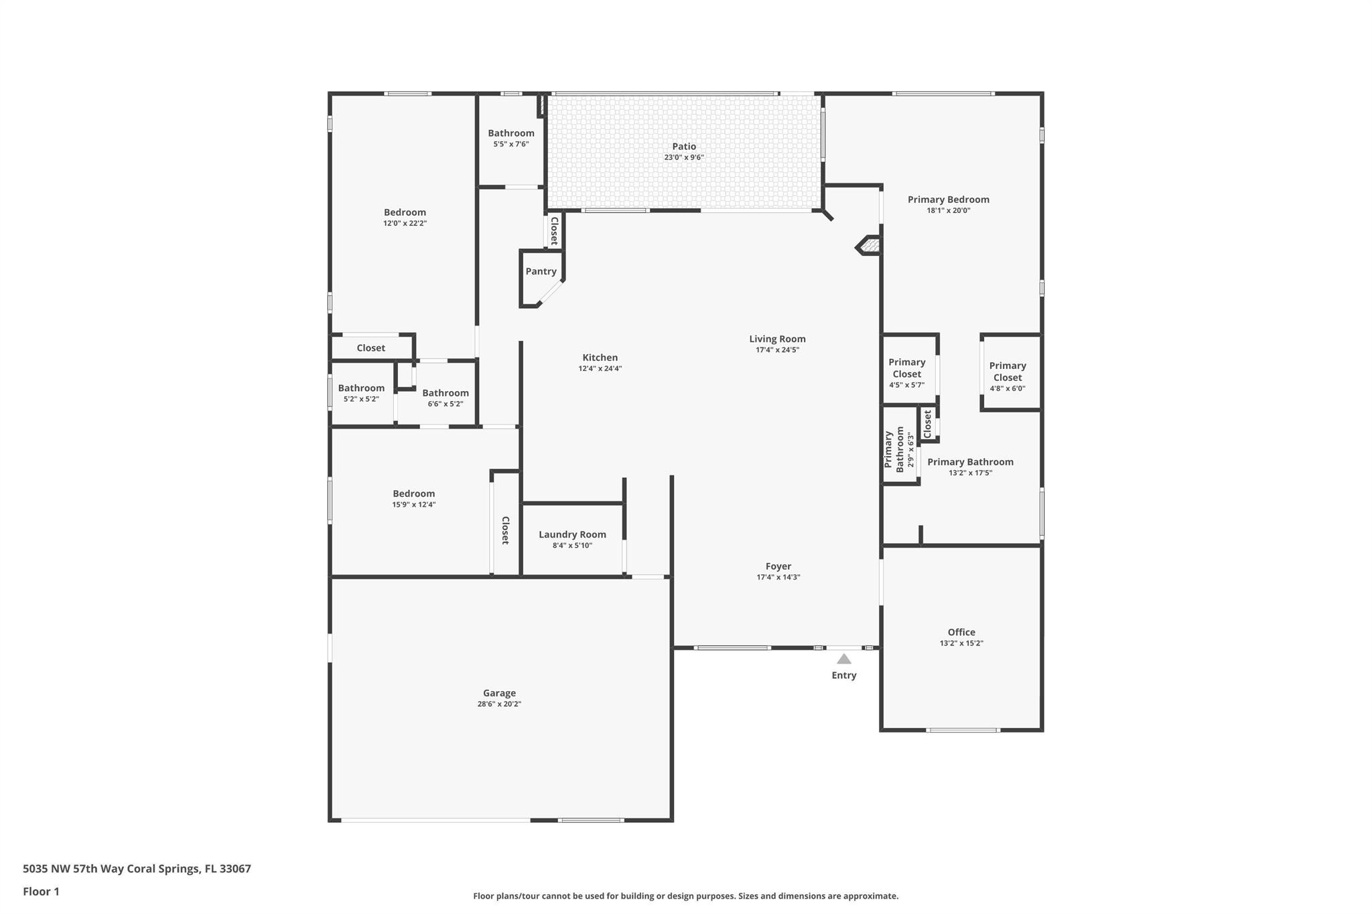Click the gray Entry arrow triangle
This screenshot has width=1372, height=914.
844,659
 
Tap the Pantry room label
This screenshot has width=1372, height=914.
541,271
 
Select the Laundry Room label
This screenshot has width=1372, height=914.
572,534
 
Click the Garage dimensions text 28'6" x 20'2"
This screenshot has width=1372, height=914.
499,704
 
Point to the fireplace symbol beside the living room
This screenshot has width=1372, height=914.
869,246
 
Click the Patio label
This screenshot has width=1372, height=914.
684,147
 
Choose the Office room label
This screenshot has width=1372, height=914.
961,632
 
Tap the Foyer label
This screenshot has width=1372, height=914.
778,566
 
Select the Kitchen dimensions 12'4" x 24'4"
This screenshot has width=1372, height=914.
600,368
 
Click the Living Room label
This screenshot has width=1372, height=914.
778,339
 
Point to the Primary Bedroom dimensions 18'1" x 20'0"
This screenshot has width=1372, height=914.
949,210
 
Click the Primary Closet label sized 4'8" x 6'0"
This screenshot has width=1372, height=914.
1008,372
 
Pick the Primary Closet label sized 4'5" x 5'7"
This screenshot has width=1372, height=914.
907,368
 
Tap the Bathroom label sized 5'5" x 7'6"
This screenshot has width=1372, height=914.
511,133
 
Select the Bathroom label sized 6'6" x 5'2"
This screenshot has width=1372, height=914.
445,393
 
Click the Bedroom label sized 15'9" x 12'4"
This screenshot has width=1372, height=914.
414,493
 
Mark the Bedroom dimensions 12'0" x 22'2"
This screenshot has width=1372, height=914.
405,223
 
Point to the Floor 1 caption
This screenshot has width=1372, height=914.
41,891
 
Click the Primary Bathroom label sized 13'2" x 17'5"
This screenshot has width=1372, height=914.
970,462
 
